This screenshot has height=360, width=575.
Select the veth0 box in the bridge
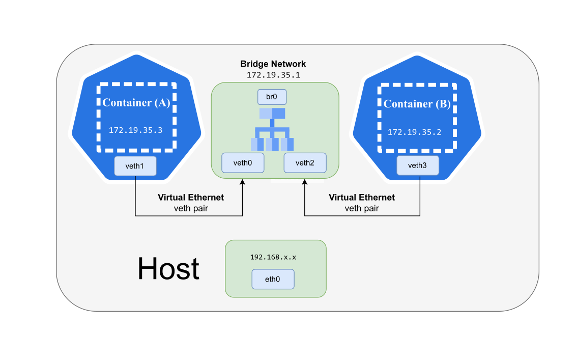(243, 162)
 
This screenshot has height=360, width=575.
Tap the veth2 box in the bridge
(304, 162)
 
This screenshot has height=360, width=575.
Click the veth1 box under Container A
(135, 166)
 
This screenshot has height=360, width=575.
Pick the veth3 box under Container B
(417, 165)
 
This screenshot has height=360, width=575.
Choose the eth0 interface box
(273, 279)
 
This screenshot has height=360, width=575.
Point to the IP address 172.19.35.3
(135, 130)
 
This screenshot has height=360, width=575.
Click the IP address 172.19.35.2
(414, 132)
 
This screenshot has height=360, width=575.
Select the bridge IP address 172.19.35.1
(273, 74)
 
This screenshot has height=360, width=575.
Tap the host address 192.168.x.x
(273, 257)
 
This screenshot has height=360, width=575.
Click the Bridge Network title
(273, 64)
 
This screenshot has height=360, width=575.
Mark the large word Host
(168, 269)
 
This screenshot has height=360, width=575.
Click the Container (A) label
(136, 102)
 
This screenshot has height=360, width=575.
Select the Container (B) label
(417, 104)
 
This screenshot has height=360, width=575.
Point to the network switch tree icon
(272, 129)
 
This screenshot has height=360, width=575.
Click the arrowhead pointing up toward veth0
(242, 182)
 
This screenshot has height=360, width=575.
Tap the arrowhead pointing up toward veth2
(304, 182)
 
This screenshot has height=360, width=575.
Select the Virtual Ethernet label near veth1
(191, 198)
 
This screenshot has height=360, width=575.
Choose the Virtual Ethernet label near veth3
(362, 198)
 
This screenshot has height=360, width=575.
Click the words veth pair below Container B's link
(362, 208)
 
